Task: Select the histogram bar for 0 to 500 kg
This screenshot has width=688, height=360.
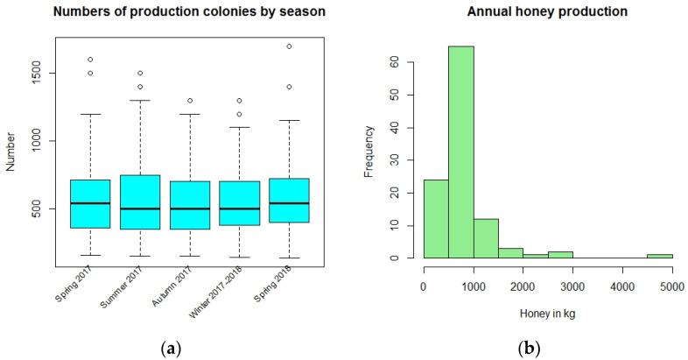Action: point(436,219)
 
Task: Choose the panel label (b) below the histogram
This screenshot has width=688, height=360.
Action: point(528,349)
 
